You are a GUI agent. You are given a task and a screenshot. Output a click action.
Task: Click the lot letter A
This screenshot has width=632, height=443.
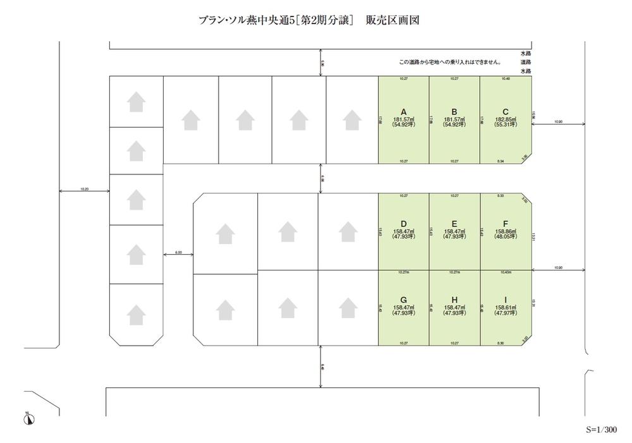(x=403, y=111)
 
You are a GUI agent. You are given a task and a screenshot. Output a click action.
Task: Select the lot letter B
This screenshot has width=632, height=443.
(x=454, y=111)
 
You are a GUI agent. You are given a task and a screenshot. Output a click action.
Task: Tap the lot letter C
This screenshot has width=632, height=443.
(x=505, y=111)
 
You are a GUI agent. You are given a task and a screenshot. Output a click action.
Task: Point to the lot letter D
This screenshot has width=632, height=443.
(x=403, y=223)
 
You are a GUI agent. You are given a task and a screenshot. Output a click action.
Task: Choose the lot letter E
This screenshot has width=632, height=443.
(x=454, y=223)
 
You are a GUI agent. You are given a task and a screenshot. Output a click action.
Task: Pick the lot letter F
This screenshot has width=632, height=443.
(x=505, y=223)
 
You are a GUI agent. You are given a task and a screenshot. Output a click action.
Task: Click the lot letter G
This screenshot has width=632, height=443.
(x=403, y=301)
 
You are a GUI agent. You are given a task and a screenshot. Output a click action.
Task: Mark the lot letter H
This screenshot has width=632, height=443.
(x=454, y=301)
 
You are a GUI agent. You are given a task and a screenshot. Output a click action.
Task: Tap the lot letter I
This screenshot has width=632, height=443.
(x=505, y=301)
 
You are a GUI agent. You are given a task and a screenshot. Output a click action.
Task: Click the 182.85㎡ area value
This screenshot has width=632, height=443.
(x=505, y=119)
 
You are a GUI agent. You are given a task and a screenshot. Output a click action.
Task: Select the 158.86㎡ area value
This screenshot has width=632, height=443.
(x=505, y=231)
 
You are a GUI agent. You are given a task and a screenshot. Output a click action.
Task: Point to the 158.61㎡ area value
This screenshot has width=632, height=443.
(x=505, y=308)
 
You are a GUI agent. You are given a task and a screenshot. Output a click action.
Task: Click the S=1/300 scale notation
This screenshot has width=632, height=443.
(x=600, y=430)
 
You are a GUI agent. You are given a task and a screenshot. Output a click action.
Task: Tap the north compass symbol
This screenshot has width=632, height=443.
(x=29, y=418)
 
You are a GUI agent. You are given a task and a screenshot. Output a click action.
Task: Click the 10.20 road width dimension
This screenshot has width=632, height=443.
(x=85, y=188)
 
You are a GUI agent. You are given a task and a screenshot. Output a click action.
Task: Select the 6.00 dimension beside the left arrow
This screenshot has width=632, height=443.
(x=178, y=252)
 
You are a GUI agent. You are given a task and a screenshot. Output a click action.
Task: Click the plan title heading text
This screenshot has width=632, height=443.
(x=309, y=21)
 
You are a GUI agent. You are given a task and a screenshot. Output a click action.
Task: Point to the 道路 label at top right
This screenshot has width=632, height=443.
(x=526, y=62)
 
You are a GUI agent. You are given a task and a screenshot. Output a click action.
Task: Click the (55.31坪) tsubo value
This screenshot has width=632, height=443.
(x=505, y=125)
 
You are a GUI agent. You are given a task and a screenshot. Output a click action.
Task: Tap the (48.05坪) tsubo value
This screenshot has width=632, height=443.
(x=505, y=237)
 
